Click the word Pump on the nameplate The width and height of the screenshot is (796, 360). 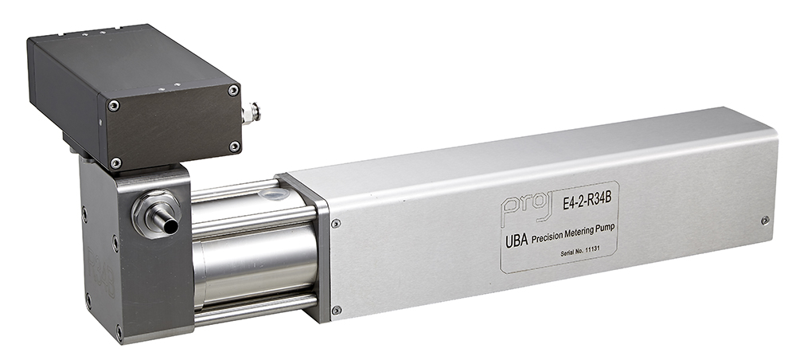point(606,228)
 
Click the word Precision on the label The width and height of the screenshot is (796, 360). point(546,237)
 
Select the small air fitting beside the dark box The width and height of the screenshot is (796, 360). point(251,113)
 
